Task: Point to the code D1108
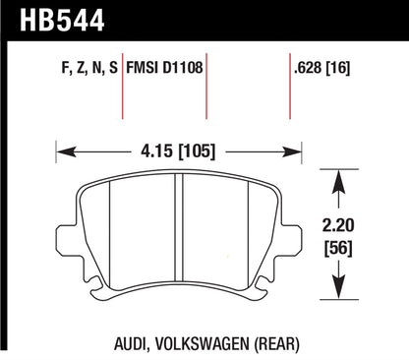pos(184,68)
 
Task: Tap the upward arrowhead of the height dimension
pos(340,179)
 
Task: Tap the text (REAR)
pos(268,343)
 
